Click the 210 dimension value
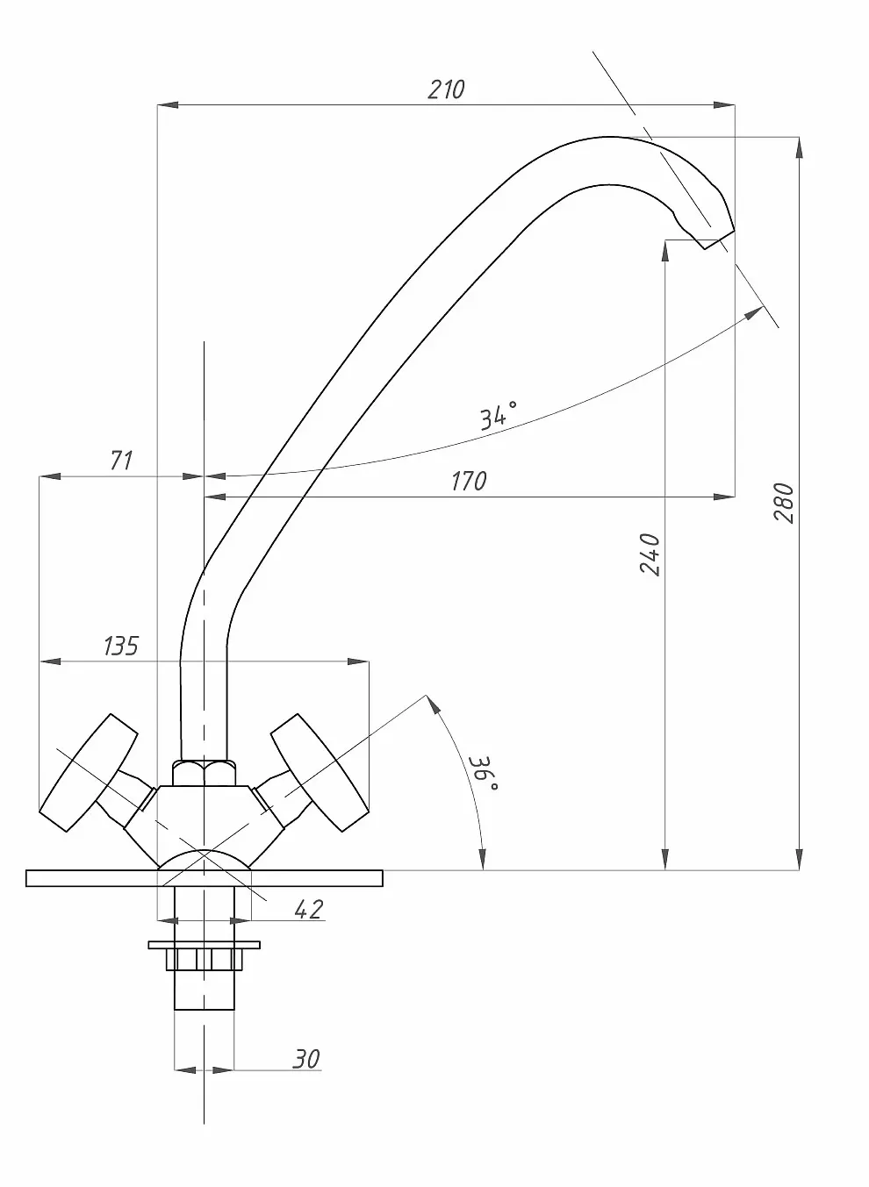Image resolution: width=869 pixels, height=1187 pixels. pyautogui.click(x=446, y=89)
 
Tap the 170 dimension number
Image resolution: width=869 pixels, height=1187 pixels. pyautogui.click(x=468, y=482)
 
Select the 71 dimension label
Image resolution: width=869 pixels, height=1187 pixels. pyautogui.click(x=120, y=460)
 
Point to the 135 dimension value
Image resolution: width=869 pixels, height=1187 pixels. pyautogui.click(x=120, y=647)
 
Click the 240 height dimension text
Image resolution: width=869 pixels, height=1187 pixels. pyautogui.click(x=650, y=554)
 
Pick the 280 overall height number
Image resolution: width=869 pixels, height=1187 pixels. pyautogui.click(x=784, y=503)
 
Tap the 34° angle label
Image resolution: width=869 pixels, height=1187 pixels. pyautogui.click(x=498, y=415)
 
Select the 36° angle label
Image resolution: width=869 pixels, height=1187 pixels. pyautogui.click(x=484, y=773)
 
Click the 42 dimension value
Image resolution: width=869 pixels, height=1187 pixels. pyautogui.click(x=307, y=910)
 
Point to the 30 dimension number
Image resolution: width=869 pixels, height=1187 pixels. pyautogui.click(x=305, y=1059)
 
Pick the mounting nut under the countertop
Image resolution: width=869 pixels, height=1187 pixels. pyautogui.click(x=205, y=957)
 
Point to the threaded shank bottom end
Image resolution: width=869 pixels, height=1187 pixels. pyautogui.click(x=205, y=1000)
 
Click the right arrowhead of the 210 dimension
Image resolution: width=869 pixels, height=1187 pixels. pyautogui.click(x=725, y=106)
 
